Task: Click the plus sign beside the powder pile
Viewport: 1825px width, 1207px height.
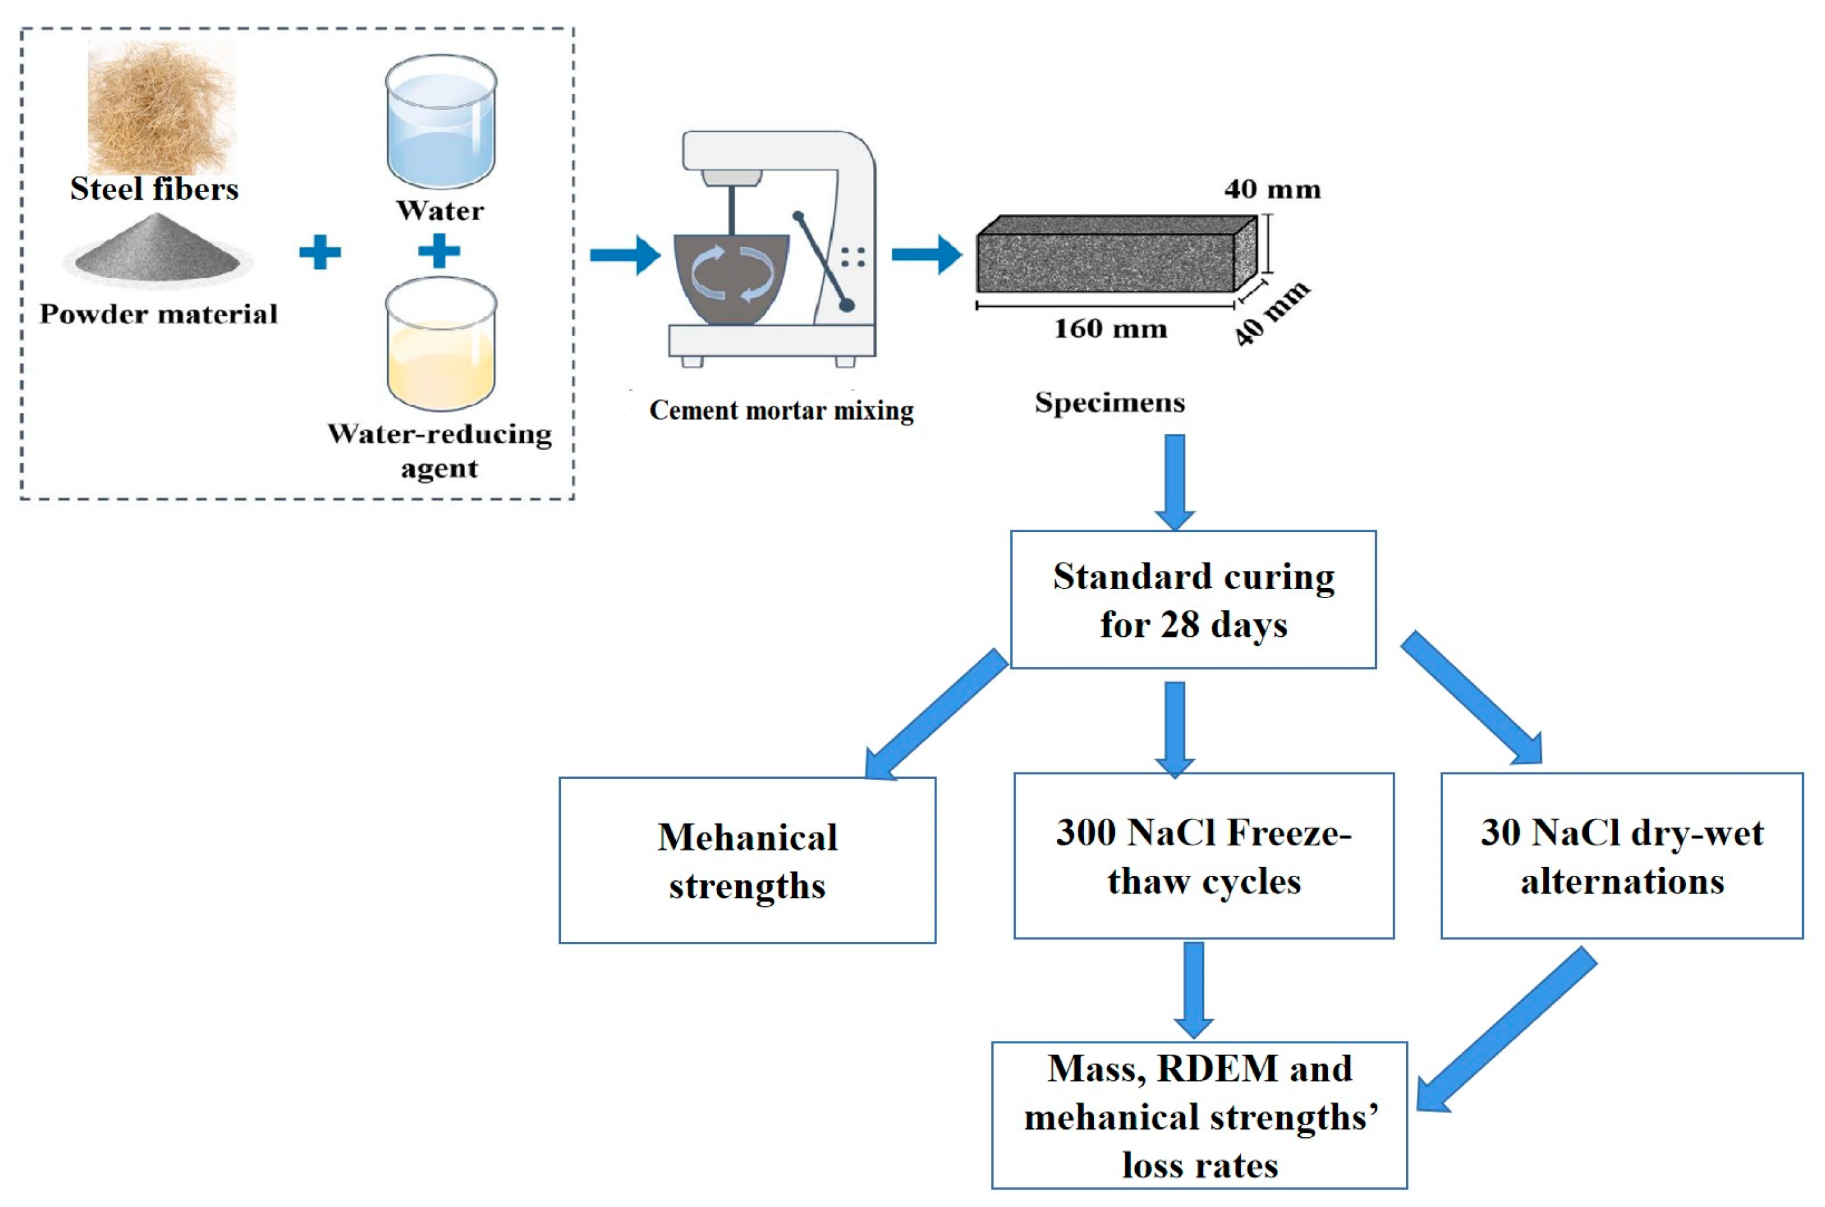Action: [320, 252]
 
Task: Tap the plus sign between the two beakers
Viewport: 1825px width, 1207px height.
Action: [439, 251]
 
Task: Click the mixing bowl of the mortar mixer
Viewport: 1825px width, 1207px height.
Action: [730, 277]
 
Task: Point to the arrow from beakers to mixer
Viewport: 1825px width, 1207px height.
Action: [624, 254]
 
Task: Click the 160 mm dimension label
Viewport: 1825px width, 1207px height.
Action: [1110, 329]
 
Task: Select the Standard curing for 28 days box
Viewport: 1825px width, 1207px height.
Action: [1192, 599]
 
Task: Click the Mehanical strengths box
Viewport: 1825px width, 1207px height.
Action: [747, 860]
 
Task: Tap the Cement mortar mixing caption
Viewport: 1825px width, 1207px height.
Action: [781, 410]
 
